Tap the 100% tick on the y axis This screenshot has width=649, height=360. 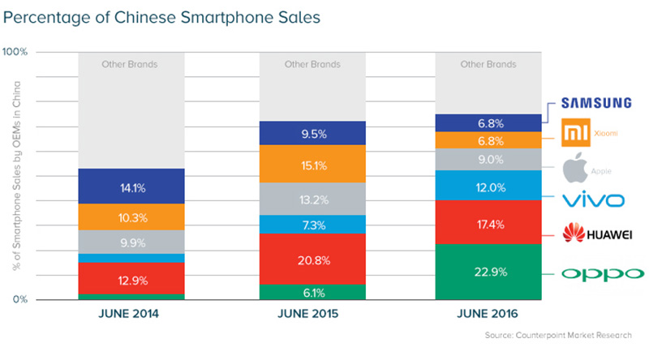(x=16, y=51)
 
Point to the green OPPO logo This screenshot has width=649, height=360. (x=600, y=273)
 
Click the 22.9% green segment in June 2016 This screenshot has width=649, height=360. (x=488, y=272)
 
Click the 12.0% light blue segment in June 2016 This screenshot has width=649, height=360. (x=488, y=186)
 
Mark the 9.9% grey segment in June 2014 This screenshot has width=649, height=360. (x=131, y=241)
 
